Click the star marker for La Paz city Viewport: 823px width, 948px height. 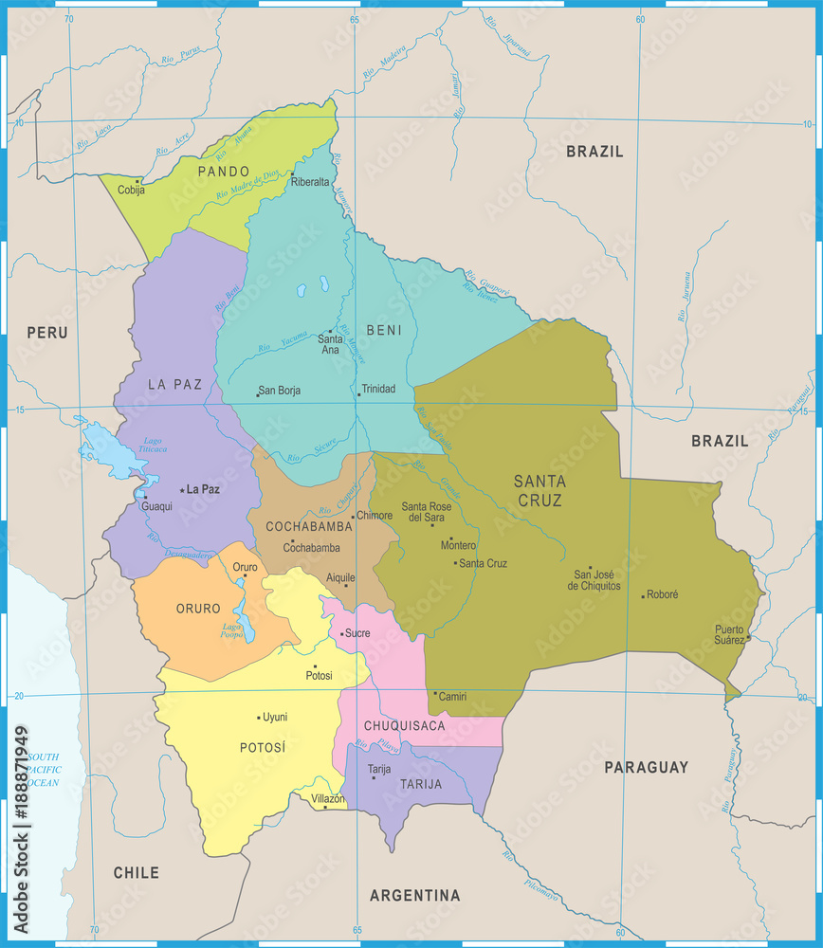coord(182,490)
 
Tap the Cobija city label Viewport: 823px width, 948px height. coord(131,190)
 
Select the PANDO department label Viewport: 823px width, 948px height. coord(223,172)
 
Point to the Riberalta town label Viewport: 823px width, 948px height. coord(310,182)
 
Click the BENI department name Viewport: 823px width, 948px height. coord(383,330)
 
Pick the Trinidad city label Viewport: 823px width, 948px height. coord(378,389)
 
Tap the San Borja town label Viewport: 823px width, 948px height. coord(279,390)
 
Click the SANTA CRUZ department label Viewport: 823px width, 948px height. coord(539,490)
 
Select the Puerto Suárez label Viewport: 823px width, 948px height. coord(729,634)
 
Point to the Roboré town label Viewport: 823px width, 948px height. coord(662,594)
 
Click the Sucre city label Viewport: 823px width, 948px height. coord(357,632)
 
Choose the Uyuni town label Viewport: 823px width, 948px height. coord(275,717)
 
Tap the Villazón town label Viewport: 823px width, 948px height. coord(328,799)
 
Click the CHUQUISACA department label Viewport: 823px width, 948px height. coord(404,726)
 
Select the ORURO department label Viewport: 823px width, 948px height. coord(198,609)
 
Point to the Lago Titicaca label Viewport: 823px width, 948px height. coord(153,447)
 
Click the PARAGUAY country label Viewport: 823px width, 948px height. coord(646,767)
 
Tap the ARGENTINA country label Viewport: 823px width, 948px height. coord(414,895)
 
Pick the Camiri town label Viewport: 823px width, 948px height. coord(452,696)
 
